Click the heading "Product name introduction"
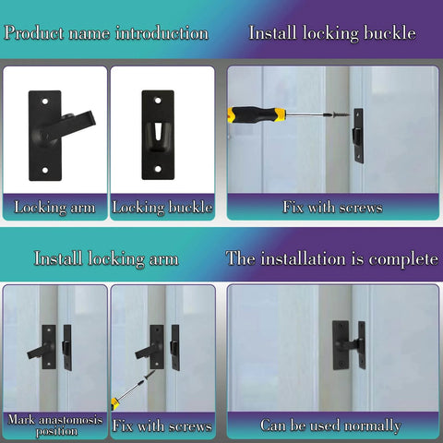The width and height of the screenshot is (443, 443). [x=105, y=33]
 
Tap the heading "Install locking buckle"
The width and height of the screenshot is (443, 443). [x=332, y=33]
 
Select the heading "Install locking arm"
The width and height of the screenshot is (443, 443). [x=106, y=258]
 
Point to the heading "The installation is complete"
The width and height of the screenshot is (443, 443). [x=332, y=258]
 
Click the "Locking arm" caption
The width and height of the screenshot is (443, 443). [x=54, y=208]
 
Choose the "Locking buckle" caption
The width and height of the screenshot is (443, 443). [x=162, y=208]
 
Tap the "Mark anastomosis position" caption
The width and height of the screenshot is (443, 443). [x=54, y=425]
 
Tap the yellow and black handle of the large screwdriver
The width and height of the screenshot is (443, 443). [x=256, y=114]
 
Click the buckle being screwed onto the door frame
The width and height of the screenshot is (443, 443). [x=357, y=135]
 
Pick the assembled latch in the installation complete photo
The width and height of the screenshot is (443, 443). [x=348, y=344]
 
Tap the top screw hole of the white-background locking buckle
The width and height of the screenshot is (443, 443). [x=159, y=98]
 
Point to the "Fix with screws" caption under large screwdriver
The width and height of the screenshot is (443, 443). [x=332, y=208]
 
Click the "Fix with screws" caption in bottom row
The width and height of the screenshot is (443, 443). [x=162, y=425]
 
